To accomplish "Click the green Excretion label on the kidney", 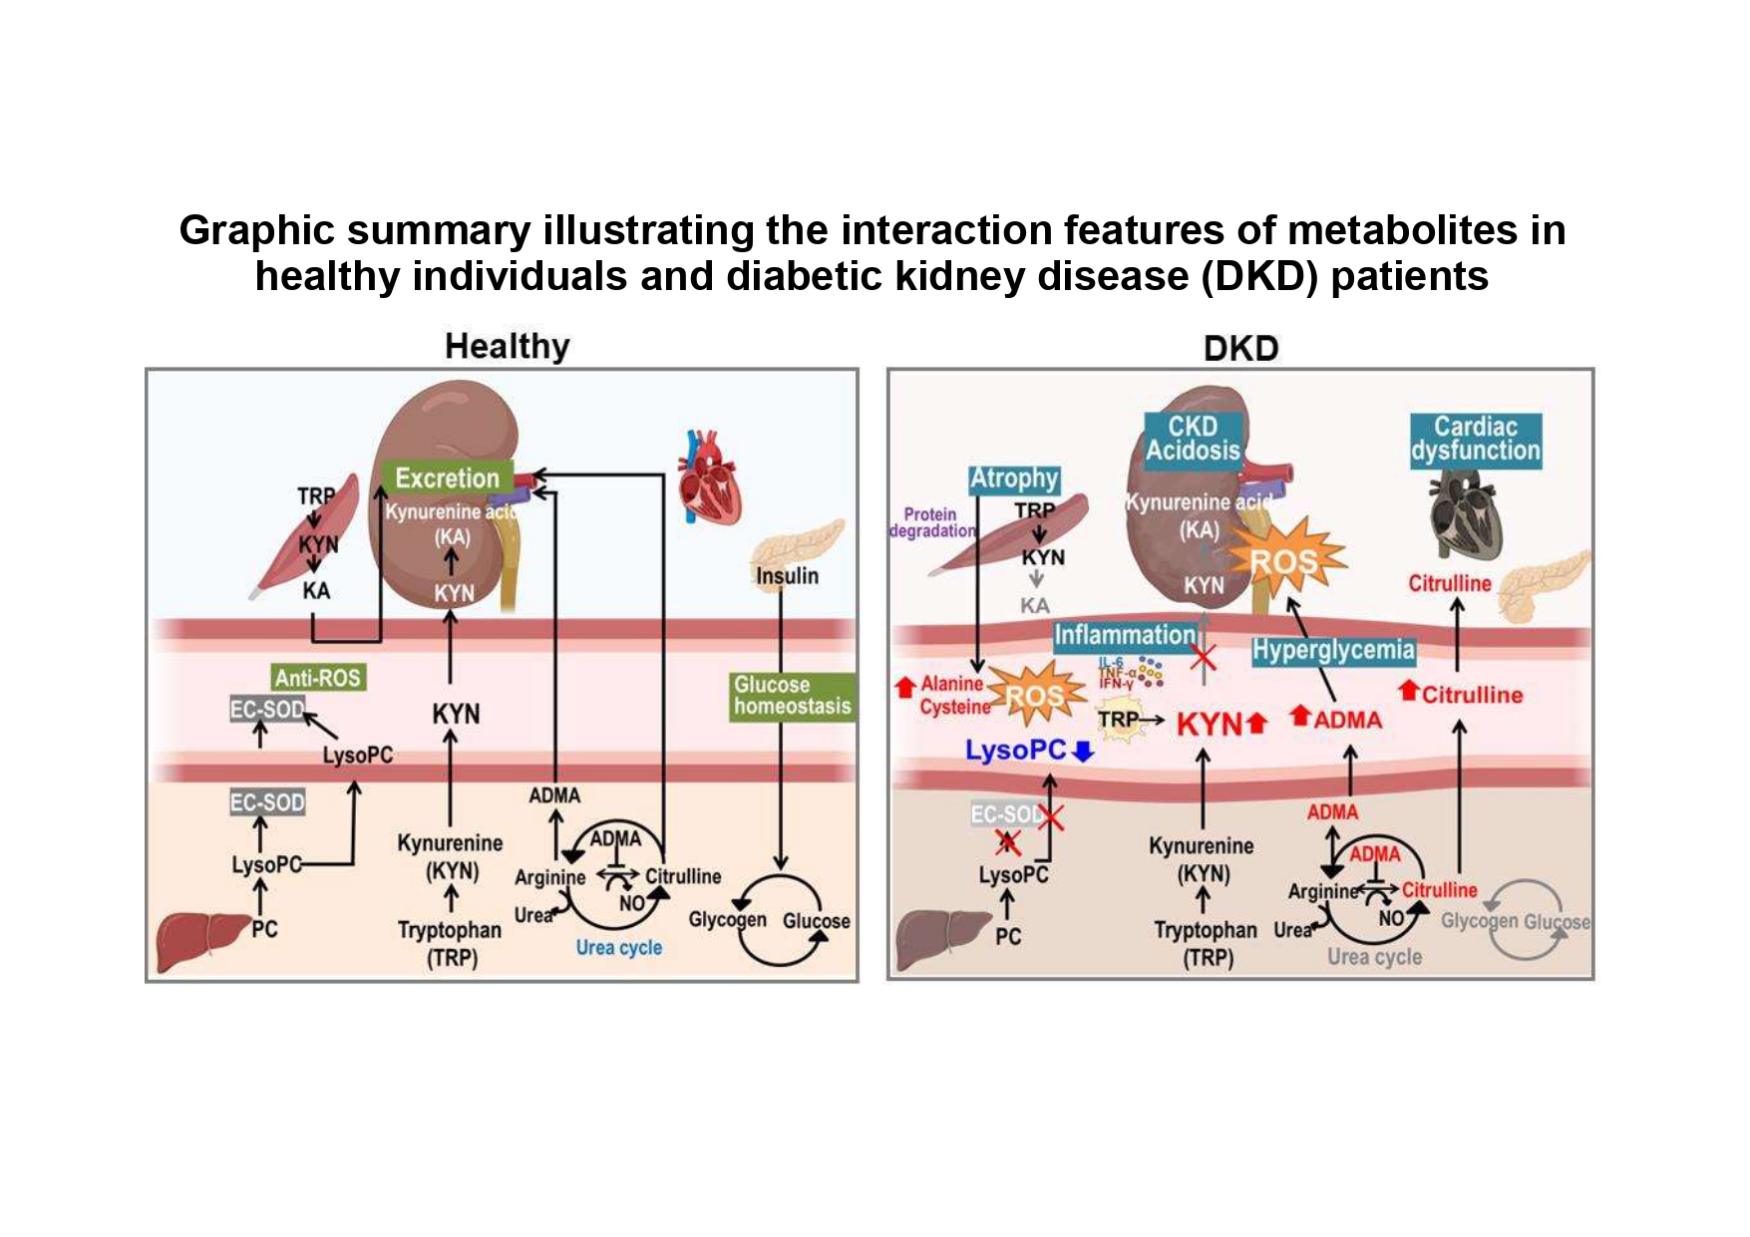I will pos(447,478).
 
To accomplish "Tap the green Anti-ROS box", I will pos(318,678).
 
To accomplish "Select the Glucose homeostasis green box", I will pos(792,696).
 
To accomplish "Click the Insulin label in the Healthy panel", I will pos(787,576).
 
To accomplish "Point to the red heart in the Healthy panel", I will pos(709,476).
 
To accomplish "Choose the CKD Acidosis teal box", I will pos(1193,439).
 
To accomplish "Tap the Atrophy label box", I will pos(1013,479).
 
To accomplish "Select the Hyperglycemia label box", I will pos(1333,651).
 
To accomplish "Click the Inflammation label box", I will pos(1124,635).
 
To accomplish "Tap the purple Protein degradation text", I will pos(930,522).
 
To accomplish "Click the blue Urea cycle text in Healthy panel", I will pos(618,947).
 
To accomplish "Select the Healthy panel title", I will pos(507,347).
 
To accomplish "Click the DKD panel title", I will pos(1240,348).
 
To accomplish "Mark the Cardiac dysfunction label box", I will pos(1475,439).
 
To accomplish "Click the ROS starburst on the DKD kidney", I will pos(1284,561).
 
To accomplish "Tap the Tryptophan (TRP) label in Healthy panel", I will pos(450,943).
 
